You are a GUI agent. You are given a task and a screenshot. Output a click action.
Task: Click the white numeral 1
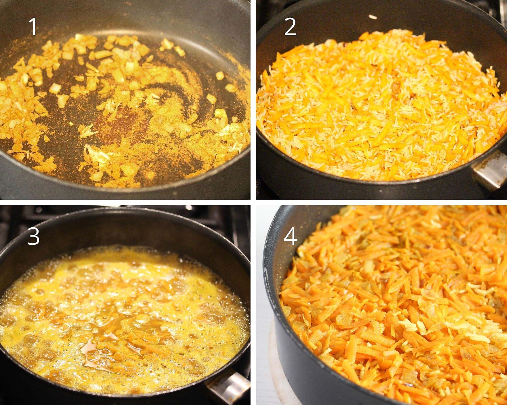click(x=33, y=26)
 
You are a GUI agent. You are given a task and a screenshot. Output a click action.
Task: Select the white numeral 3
click(x=33, y=236)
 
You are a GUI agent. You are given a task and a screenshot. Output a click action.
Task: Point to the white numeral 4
click(x=290, y=237)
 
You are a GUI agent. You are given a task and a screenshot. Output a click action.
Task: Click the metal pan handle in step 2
click(x=489, y=171)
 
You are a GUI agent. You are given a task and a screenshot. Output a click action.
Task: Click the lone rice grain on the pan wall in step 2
click(x=373, y=17)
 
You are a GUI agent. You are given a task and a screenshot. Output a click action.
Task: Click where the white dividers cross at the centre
click(x=253, y=202)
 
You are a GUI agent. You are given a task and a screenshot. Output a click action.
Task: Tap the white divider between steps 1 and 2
click(x=253, y=100)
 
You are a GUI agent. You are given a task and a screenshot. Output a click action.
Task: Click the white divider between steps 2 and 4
click(x=380, y=202)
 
